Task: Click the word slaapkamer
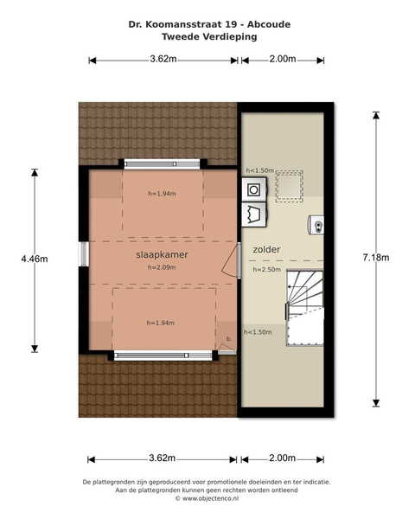pos(162,254)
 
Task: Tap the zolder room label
pos(266,249)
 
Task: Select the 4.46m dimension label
pos(35,259)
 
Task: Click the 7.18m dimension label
pos(376,258)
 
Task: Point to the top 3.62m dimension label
pos(163,59)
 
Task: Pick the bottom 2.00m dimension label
pos(282,458)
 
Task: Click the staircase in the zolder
pos(305,308)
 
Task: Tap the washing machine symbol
pos(254,189)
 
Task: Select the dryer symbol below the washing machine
pos(254,215)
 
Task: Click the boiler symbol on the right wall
pos(316,225)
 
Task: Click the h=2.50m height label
pos(267,269)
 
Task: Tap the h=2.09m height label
pos(162,267)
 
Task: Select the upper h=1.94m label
pos(162,193)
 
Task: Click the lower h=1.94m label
pos(161,323)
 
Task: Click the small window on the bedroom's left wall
pos(84,253)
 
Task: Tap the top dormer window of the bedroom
pos(163,164)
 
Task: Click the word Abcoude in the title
pos(269,24)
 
